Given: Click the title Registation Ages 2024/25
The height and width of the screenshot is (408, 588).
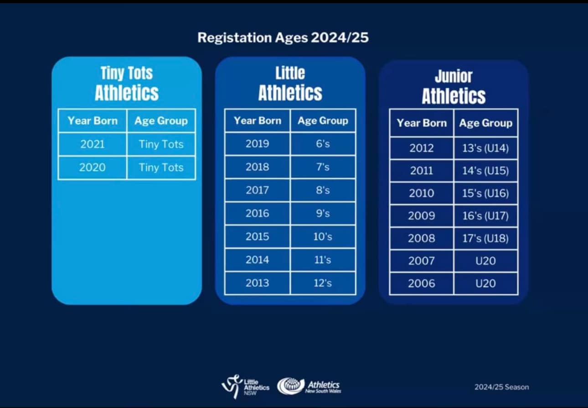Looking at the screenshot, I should click(283, 37).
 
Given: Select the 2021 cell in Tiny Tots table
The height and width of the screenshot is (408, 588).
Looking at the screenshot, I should click(92, 144).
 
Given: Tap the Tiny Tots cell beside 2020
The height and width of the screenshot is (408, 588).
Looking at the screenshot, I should click(161, 167).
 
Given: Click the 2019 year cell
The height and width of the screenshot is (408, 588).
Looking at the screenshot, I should click(257, 144).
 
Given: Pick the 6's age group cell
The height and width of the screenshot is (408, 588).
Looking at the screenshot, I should click(323, 144).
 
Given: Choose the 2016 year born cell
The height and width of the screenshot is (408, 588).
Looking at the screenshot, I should click(257, 213).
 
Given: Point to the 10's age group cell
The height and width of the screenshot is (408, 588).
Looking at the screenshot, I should click(323, 236).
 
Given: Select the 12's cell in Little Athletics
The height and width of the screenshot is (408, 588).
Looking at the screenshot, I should click(323, 283).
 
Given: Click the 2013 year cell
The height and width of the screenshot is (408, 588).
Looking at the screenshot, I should click(257, 283).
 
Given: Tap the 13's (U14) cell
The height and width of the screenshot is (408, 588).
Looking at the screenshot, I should click(485, 148).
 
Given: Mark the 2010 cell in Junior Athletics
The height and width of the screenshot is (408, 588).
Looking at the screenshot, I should click(422, 193).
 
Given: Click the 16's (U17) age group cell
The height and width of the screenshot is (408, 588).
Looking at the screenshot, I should click(485, 215).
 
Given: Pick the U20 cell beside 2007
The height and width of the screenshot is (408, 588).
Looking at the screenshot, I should click(485, 261).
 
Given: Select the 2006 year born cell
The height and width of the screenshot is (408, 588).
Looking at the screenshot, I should click(422, 283).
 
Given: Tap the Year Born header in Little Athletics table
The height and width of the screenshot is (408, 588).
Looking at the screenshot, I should click(257, 121).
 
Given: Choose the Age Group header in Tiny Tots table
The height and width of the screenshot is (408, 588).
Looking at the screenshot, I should click(161, 121).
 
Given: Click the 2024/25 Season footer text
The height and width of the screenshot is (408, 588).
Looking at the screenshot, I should click(501, 387).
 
